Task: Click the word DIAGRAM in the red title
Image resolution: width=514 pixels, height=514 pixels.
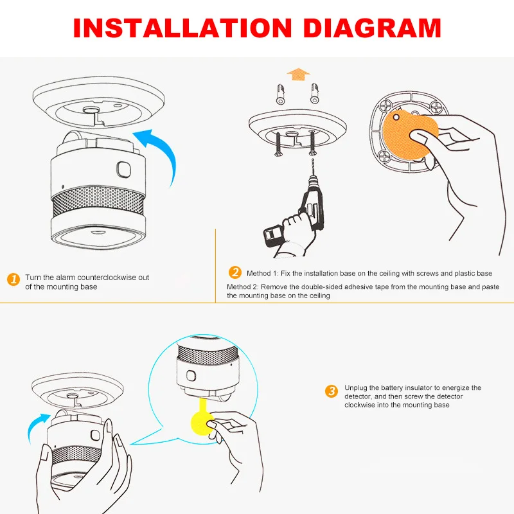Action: click(x=369, y=28)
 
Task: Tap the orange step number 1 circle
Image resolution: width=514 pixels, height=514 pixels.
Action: click(x=13, y=279)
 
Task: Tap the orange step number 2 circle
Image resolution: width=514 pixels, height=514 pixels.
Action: click(x=236, y=272)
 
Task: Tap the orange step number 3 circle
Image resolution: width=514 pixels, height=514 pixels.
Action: click(x=332, y=391)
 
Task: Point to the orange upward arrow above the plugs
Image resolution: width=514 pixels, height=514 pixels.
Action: click(x=297, y=75)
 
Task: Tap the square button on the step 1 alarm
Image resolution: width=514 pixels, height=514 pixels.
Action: click(x=122, y=170)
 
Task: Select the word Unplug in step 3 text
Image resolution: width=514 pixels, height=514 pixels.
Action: click(x=356, y=388)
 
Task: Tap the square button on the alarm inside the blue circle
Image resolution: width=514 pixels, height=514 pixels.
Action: click(x=191, y=375)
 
